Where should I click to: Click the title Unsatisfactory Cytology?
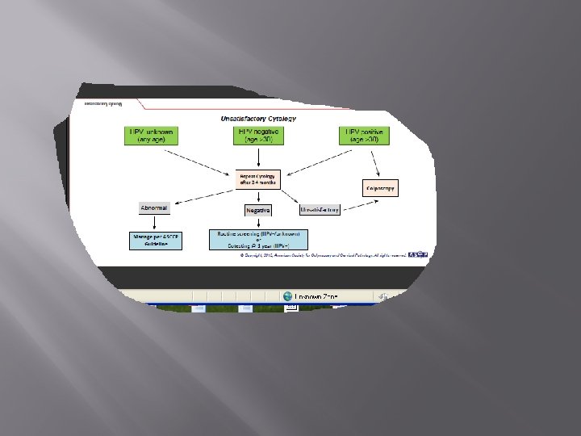[258, 119]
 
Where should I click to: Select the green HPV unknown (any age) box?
[152, 135]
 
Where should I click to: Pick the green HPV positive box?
[364, 135]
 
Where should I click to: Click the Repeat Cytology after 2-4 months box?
[258, 178]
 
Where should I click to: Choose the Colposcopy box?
[382, 189]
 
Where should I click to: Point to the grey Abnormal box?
[155, 208]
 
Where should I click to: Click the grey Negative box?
[258, 210]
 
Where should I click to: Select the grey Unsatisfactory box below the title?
[320, 209]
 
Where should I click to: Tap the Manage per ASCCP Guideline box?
[155, 240]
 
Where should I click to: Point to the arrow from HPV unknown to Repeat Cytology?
[198, 160]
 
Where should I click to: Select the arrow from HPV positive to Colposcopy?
[373, 163]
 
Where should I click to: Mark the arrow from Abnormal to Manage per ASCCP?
[155, 223]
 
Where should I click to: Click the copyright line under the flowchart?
[323, 256]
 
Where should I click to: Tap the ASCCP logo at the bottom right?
[417, 255]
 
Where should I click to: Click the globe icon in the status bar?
[287, 296]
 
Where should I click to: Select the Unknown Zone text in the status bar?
[316, 296]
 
